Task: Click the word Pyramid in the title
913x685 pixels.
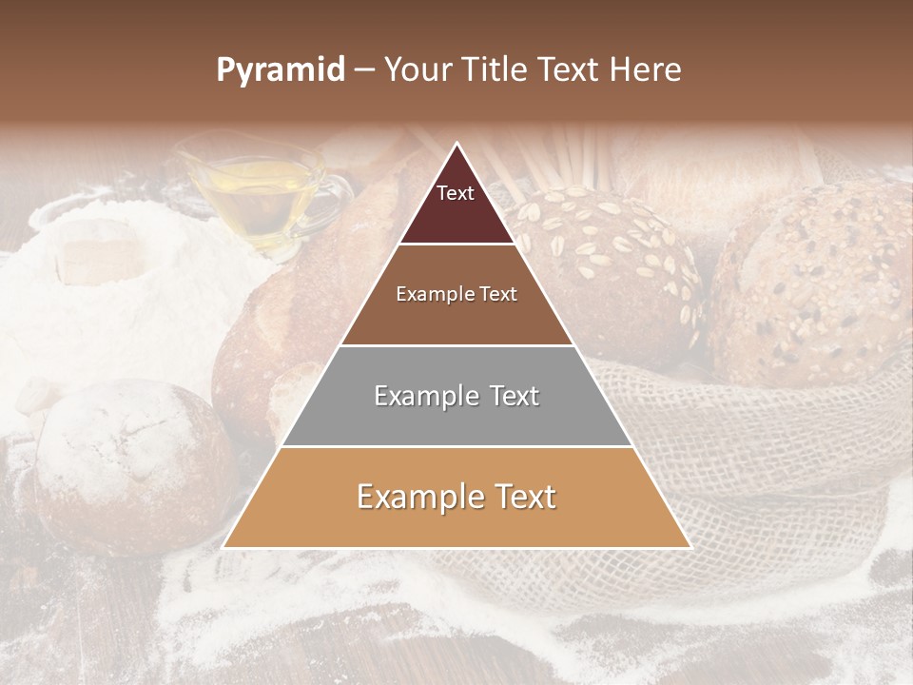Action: pos(280,70)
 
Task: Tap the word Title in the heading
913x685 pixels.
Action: pos(495,70)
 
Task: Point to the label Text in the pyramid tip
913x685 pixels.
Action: pos(455,193)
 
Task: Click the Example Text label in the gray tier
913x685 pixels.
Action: pos(456,396)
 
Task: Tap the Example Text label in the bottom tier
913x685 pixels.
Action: pos(456,497)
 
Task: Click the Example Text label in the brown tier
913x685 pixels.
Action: pos(456,294)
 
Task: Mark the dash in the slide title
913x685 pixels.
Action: pos(364,70)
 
